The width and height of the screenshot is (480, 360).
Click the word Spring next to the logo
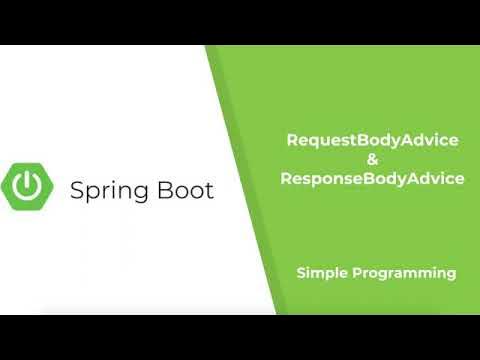coord(107,190)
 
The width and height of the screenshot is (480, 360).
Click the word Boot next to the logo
coord(183,189)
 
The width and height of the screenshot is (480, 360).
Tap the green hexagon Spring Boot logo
coord(30,186)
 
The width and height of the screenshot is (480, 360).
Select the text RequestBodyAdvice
coord(372,140)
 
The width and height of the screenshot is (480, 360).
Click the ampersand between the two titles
coord(372,159)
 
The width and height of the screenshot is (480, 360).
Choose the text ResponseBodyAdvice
coord(372,179)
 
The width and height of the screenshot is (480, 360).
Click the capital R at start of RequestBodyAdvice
coord(292,140)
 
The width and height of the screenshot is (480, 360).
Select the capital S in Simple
coord(301,272)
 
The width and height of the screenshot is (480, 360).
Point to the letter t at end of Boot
coord(208,189)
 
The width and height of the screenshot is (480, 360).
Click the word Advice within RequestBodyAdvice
coord(435,140)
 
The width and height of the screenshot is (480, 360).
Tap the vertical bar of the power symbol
coord(30,178)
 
